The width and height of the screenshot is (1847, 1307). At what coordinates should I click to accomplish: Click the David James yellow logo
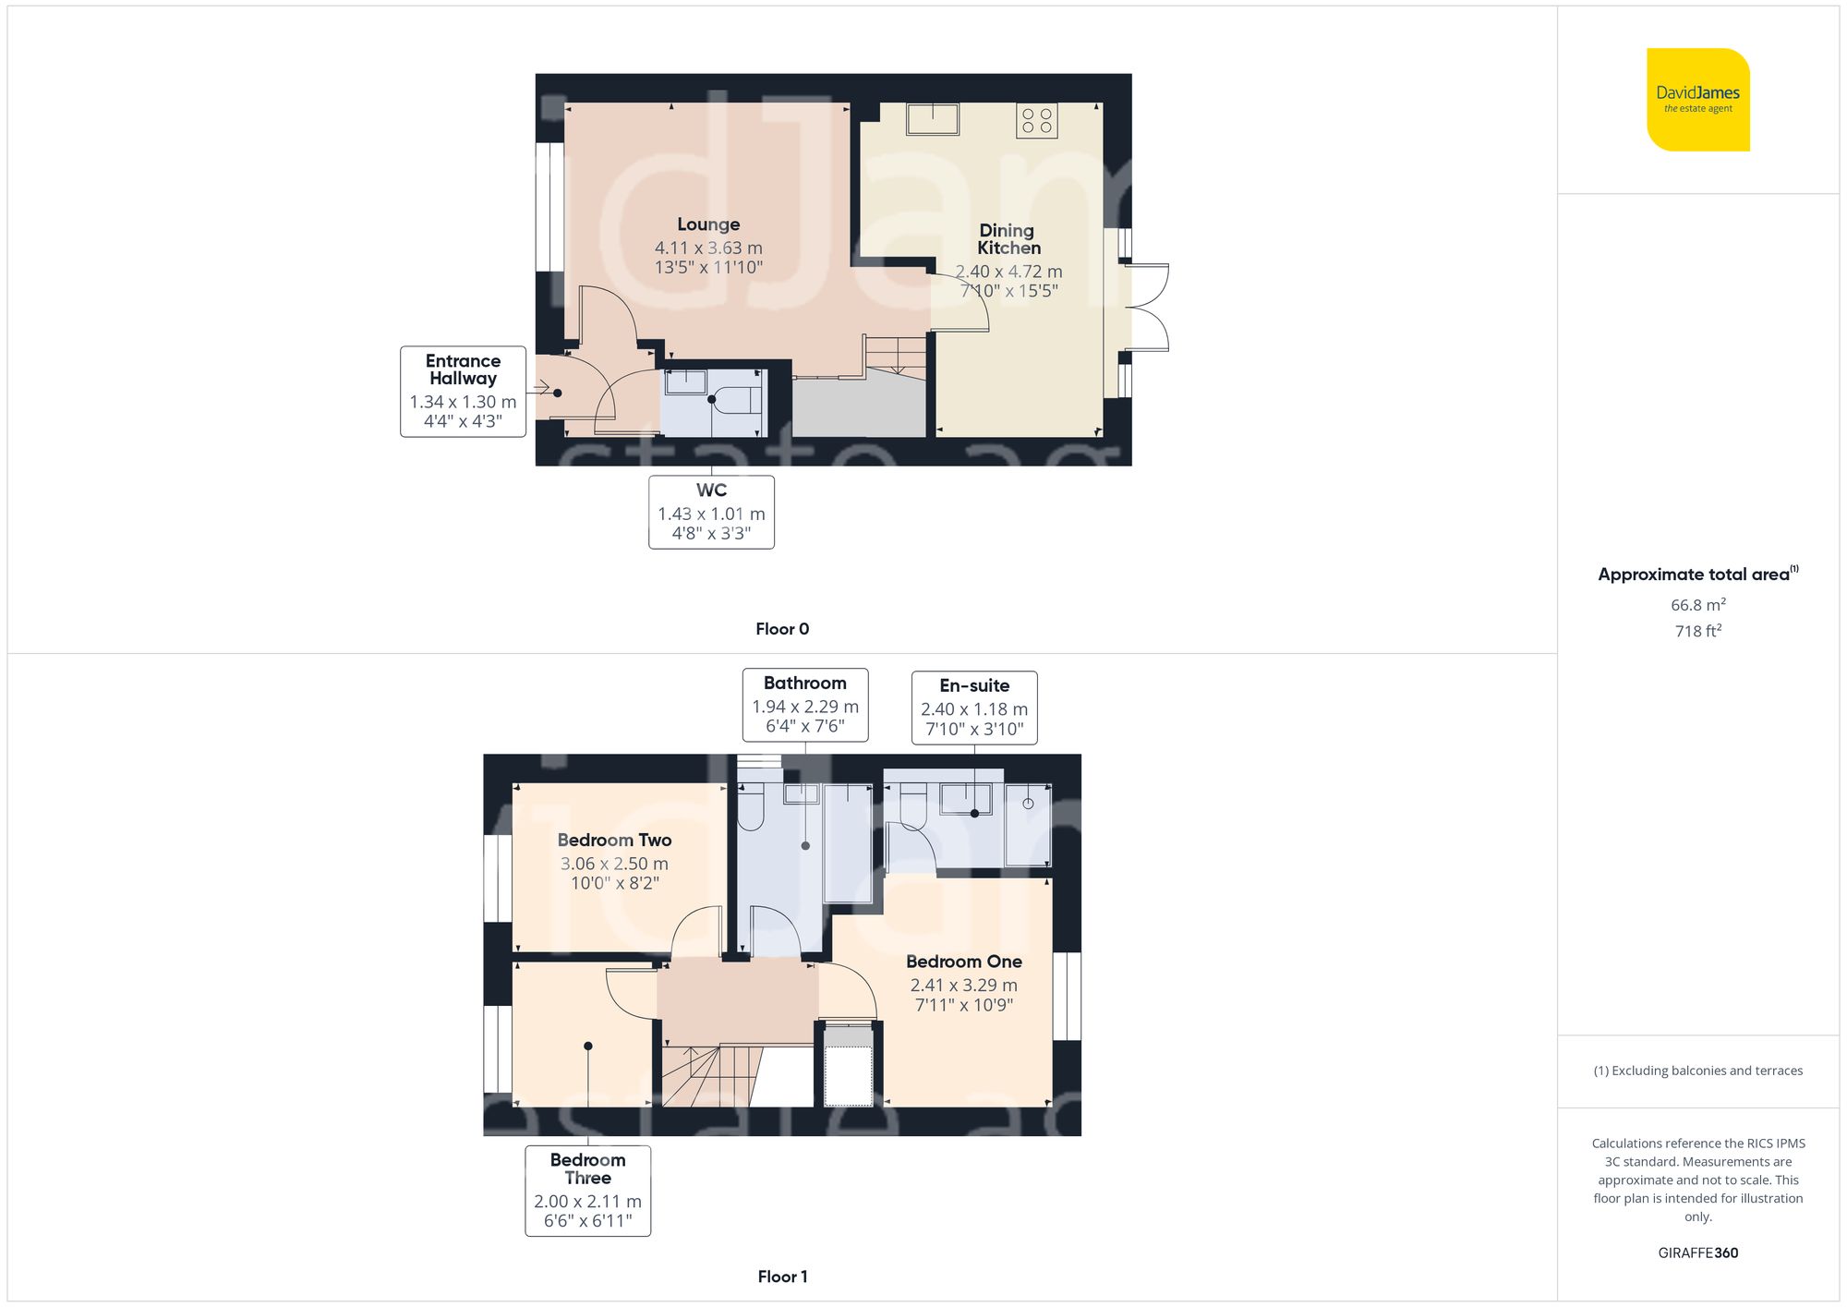click(x=1697, y=100)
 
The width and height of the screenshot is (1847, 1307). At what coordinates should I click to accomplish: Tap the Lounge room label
click(x=708, y=224)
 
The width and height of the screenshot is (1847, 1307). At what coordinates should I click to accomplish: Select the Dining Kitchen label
click(x=1008, y=239)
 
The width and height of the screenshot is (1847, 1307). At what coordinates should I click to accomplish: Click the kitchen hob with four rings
click(x=1036, y=121)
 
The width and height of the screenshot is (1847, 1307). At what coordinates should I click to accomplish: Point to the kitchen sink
click(x=933, y=119)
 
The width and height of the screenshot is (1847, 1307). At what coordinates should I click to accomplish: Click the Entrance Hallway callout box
click(x=463, y=391)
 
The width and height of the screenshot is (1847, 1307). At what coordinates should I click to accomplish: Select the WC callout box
click(x=711, y=512)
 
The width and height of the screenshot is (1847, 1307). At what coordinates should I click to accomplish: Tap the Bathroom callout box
click(x=805, y=705)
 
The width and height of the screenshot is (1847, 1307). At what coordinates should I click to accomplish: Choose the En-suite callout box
click(x=974, y=708)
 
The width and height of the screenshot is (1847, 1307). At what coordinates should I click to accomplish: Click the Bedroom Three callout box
click(x=587, y=1190)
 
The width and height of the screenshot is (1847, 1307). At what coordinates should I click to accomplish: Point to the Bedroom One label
click(x=963, y=962)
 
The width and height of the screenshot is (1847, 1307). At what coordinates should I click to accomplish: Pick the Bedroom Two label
click(x=614, y=841)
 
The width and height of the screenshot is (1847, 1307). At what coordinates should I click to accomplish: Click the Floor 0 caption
click(x=782, y=629)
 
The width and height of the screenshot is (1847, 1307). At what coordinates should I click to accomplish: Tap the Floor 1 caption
click(x=782, y=1277)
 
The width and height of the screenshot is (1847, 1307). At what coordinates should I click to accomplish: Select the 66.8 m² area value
click(x=1697, y=605)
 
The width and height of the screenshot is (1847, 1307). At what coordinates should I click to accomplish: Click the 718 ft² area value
click(x=1697, y=631)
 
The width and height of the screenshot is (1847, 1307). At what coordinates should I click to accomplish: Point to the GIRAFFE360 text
click(x=1697, y=1253)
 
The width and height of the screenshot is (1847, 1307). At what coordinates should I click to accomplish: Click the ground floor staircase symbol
click(x=895, y=355)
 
